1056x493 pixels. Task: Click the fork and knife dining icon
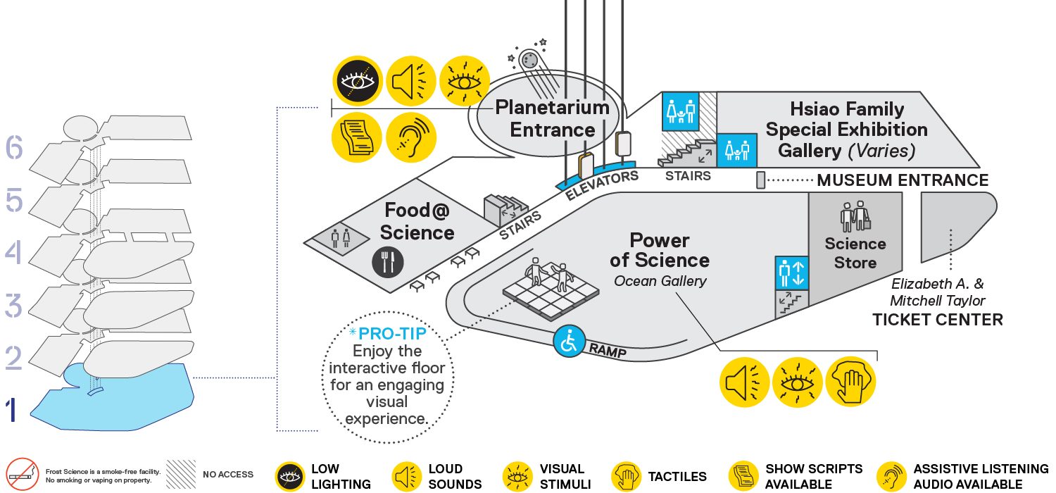pyautogui.click(x=387, y=262)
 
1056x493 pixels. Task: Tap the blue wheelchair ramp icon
pyautogui.click(x=569, y=341)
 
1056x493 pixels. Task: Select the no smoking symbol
pyautogui.click(x=22, y=475)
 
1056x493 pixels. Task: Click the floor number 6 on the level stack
pyautogui.click(x=14, y=147)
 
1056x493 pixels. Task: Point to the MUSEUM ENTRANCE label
pyautogui.click(x=903, y=180)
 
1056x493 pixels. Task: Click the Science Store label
pyautogui.click(x=855, y=254)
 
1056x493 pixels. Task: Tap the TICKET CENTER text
pyautogui.click(x=937, y=320)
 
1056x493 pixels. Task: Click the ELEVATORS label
pyautogui.click(x=601, y=185)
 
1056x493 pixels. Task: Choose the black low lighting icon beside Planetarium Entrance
pyautogui.click(x=358, y=81)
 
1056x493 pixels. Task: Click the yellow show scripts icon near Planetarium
pyautogui.click(x=357, y=137)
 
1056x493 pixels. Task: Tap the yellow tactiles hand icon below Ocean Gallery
pyautogui.click(x=850, y=382)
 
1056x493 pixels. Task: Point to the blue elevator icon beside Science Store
pyautogui.click(x=792, y=273)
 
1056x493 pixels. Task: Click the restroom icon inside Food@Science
pyautogui.click(x=341, y=238)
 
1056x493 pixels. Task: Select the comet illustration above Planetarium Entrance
pyautogui.click(x=532, y=66)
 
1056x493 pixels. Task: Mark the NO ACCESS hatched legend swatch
pyautogui.click(x=181, y=475)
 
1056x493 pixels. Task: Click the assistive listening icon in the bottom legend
pyautogui.click(x=892, y=477)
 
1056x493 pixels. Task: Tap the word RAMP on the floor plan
pyautogui.click(x=608, y=351)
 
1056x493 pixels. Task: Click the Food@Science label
pyautogui.click(x=417, y=222)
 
